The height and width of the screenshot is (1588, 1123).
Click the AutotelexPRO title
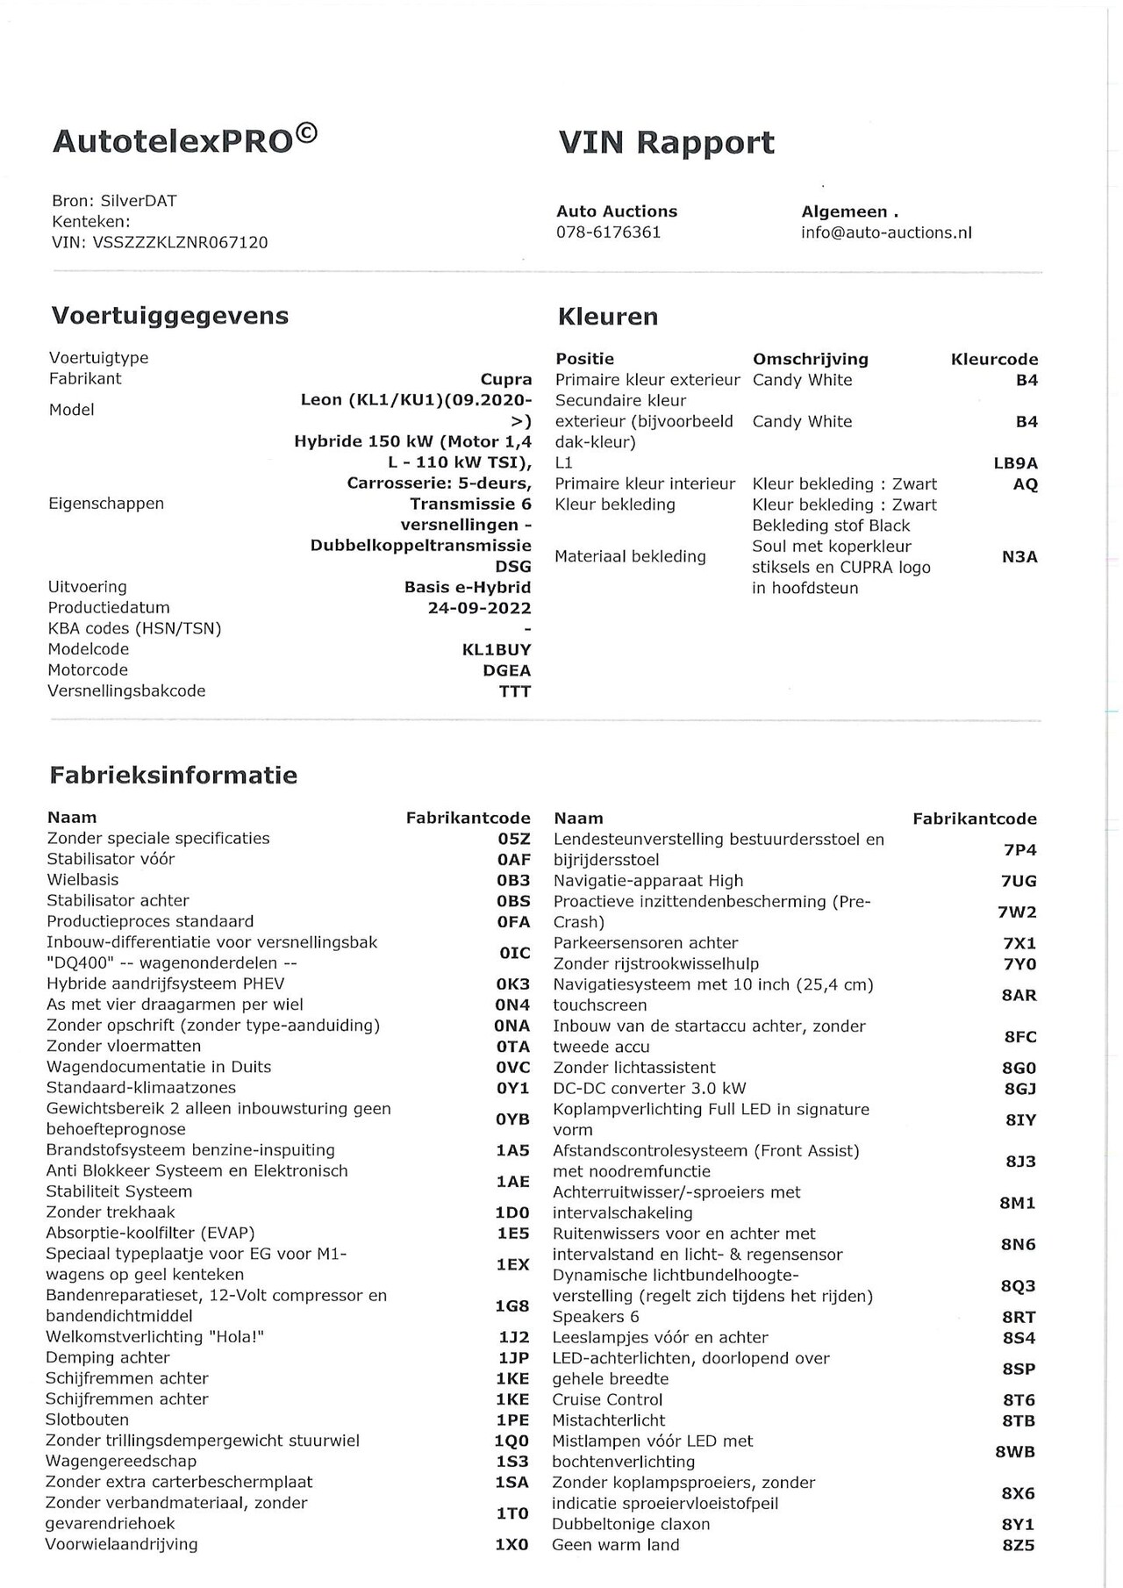pos(185,140)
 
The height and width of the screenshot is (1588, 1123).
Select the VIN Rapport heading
pos(666,143)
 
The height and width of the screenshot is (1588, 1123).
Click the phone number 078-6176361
pos(608,232)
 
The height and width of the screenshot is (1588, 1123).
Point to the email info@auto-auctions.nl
pos(886,232)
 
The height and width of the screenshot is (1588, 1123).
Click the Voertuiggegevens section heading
pos(169,316)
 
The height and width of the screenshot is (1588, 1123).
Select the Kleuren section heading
pos(607,317)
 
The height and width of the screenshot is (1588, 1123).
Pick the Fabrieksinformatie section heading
pos(173,776)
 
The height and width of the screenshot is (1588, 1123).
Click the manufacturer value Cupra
pos(506,380)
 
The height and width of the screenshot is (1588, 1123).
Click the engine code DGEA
pos(507,671)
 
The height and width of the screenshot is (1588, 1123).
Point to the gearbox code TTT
pos(515,691)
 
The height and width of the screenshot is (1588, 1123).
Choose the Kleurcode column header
pos(994,360)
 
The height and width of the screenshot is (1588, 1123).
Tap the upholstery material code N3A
pos(1019,556)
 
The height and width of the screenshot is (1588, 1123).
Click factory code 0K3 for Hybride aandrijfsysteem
pos(513,984)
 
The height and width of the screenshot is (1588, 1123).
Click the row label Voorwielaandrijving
pos(122,1544)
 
